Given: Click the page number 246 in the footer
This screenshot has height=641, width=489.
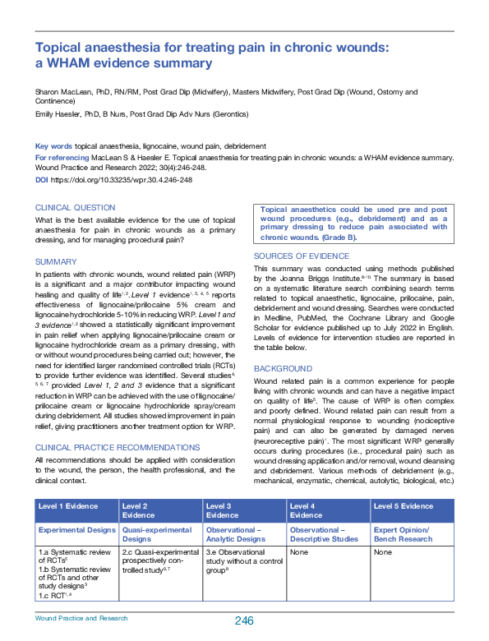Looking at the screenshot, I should (242, 620).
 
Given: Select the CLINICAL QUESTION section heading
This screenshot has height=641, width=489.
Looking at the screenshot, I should (76, 208).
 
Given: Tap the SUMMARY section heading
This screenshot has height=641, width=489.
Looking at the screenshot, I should (56, 261).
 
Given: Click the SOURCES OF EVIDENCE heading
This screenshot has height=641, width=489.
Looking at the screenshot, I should (302, 256).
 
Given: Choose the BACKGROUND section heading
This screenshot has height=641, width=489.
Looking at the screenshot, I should (283, 369).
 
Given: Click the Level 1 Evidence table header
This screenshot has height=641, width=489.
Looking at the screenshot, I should (67, 506).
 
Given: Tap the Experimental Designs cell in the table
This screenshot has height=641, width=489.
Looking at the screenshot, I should (76, 530).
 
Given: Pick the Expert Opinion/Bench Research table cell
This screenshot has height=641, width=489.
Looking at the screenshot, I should (404, 534).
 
